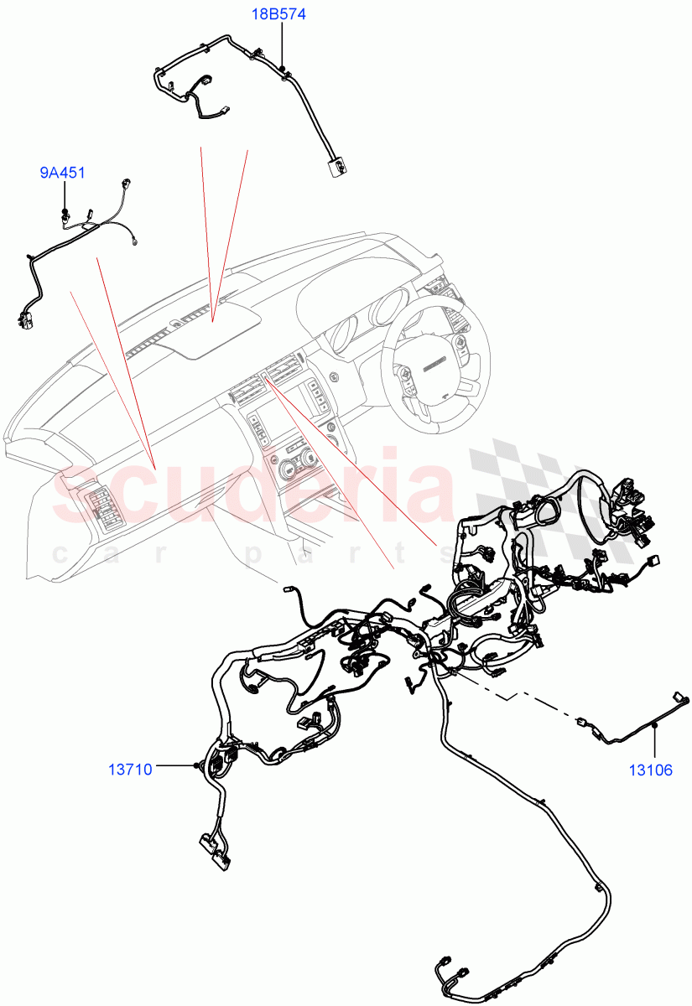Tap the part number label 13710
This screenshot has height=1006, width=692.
[x=130, y=768]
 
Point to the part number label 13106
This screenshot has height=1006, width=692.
[x=651, y=770]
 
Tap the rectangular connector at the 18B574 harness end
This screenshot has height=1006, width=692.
[x=339, y=167]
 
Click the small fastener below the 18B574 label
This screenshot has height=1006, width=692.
[x=284, y=68]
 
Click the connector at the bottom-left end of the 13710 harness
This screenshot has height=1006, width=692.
[x=214, y=848]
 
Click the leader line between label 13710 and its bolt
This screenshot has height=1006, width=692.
[x=174, y=765]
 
